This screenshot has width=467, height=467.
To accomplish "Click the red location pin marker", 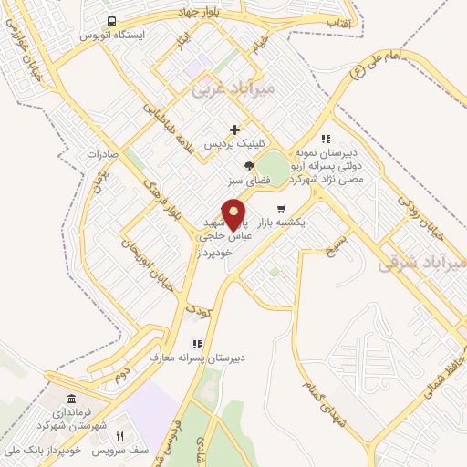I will click(x=234, y=213).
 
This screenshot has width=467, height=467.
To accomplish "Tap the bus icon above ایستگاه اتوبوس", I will click(x=110, y=20).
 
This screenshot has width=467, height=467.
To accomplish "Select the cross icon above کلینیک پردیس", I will click(x=235, y=130).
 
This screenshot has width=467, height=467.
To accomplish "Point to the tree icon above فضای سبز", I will click(x=249, y=165).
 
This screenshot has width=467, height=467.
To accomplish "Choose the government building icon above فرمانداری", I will click(x=71, y=400).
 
